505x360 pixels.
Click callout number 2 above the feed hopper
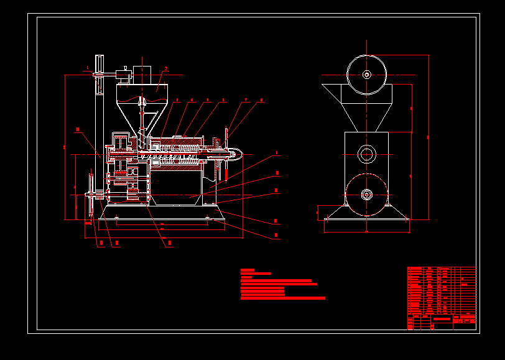166,69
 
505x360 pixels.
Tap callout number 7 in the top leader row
246,99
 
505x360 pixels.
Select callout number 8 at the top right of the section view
262,99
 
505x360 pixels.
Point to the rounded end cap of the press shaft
236,152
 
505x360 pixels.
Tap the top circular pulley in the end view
367,75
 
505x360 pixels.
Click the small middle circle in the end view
367,153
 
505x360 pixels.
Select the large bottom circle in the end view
367,195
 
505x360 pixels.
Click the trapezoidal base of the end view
367,213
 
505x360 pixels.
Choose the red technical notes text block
280,285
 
